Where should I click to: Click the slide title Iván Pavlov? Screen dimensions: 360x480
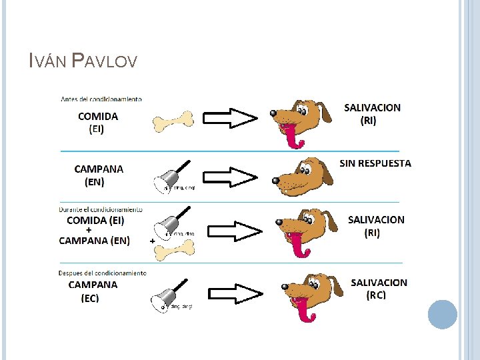83,62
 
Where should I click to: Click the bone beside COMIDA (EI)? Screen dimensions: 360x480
173,121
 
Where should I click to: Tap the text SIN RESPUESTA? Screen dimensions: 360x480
375,163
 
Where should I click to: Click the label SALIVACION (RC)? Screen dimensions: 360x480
379,289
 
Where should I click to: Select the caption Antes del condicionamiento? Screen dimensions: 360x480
101,99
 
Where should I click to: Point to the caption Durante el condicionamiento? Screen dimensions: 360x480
101,209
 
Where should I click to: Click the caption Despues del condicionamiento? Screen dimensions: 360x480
103,273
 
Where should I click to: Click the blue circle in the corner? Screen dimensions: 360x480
442,314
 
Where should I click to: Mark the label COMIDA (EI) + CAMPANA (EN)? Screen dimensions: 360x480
95,230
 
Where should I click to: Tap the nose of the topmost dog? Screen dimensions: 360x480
274,113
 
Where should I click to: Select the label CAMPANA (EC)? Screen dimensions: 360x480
93,291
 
